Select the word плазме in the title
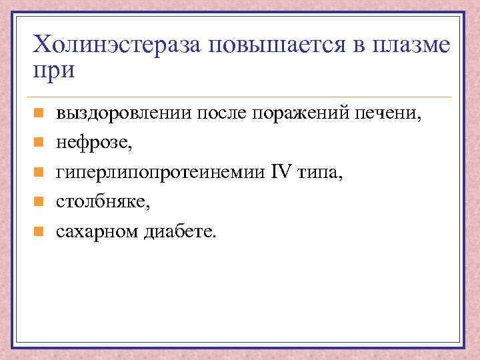[407, 47]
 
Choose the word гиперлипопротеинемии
[158, 173]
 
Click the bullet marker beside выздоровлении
[39, 114]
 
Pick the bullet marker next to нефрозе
[39, 143]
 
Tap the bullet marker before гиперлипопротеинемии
[39, 173]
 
